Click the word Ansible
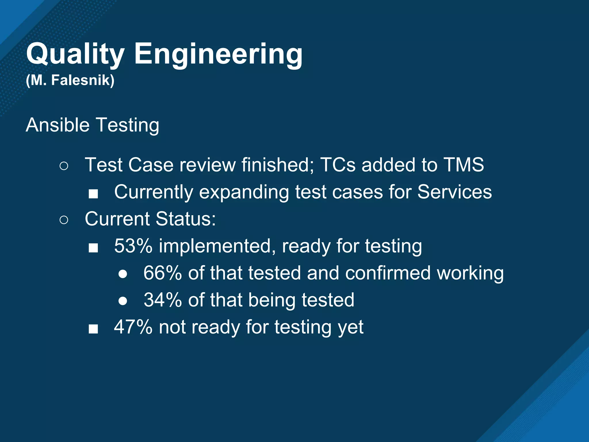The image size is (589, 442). click(58, 125)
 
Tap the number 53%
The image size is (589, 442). click(133, 246)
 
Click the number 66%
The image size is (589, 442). click(162, 273)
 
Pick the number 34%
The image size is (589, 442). click(162, 300)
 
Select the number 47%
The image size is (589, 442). click(133, 327)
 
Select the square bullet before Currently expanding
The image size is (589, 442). click(93, 194)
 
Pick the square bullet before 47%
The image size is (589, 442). click(93, 329)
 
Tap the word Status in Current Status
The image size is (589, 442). click(186, 219)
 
